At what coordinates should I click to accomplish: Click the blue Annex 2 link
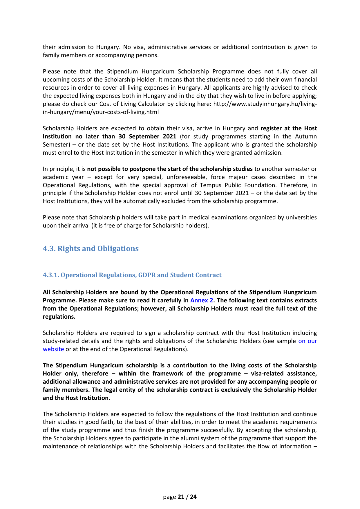(201, 300)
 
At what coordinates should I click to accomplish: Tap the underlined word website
(53, 349)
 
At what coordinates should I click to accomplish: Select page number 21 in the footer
(181, 497)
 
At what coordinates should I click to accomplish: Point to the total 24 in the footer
(193, 497)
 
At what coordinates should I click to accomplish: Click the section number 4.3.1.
(51, 275)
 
